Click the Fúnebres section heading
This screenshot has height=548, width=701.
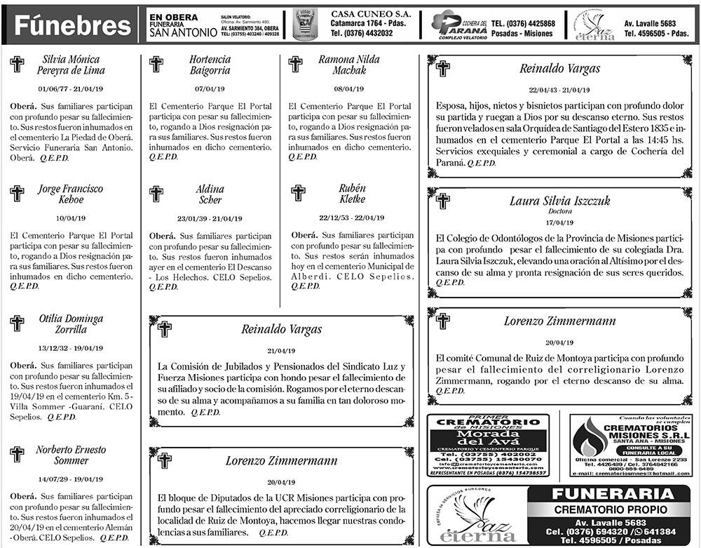click(73, 26)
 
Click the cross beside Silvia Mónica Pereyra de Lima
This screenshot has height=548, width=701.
click(17, 65)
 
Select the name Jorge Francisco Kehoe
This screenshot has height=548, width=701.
click(71, 194)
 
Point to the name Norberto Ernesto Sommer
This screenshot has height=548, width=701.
click(71, 455)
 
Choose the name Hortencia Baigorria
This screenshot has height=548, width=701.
click(210, 65)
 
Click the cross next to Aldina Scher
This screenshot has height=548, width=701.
click(156, 194)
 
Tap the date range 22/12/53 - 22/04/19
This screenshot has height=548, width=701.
click(351, 218)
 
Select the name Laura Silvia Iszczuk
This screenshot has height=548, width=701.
click(559, 201)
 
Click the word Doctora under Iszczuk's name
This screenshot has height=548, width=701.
click(559, 210)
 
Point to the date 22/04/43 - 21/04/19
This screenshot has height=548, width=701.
click(559, 90)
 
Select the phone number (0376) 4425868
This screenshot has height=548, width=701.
click(523, 23)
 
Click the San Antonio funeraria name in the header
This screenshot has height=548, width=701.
click(184, 33)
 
